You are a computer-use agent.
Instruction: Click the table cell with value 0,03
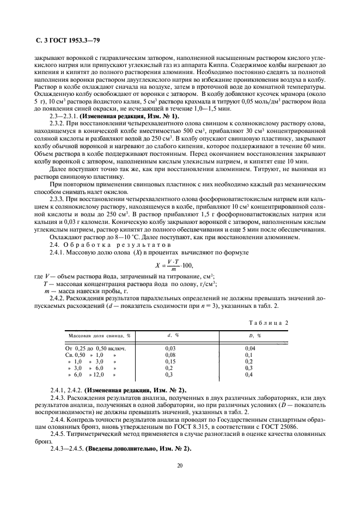pos(170,347)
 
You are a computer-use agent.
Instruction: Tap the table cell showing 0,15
pos(170,361)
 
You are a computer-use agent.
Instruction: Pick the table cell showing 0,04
pos(250,347)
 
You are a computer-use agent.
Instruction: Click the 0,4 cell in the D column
pos(249,375)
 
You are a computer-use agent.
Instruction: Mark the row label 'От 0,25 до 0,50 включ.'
pos(96,347)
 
